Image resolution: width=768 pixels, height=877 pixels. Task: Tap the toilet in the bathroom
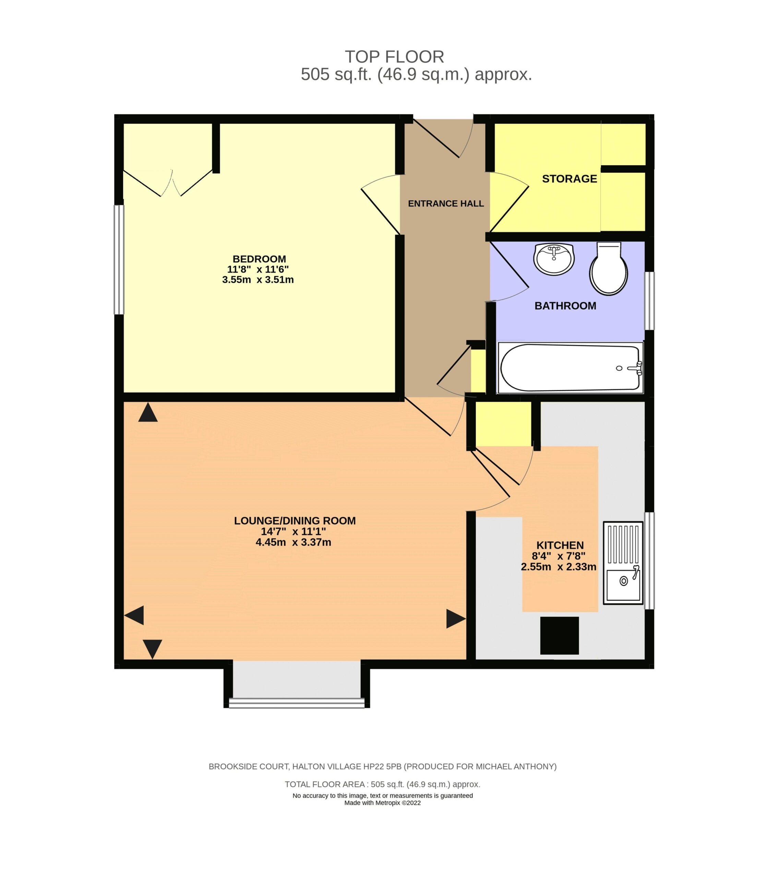click(x=609, y=269)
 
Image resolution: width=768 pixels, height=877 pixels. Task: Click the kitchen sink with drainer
click(x=623, y=563)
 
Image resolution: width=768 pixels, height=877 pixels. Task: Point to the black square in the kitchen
click(x=559, y=635)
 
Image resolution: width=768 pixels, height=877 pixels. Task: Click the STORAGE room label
click(x=569, y=178)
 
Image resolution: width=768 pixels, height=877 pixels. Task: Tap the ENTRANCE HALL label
click(x=446, y=204)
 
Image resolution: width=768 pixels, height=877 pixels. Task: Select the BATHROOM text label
click(x=565, y=306)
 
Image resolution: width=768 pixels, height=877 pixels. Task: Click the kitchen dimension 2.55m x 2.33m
click(x=559, y=567)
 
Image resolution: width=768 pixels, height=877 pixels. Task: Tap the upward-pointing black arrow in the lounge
click(x=148, y=412)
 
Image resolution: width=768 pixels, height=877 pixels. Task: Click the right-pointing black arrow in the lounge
click(x=456, y=619)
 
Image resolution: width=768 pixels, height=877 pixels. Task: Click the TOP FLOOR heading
click(x=394, y=57)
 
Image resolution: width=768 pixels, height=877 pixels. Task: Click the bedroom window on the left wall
click(x=119, y=260)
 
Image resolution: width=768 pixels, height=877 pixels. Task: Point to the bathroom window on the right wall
click(x=650, y=301)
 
